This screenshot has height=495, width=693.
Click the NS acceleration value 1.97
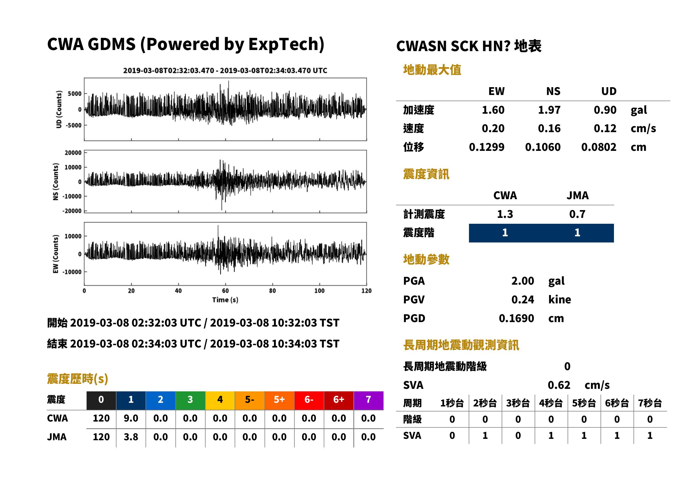point(549,110)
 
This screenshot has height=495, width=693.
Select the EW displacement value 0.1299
point(486,147)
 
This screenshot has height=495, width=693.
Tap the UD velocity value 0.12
point(605,128)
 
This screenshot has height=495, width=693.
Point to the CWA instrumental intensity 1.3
point(505,214)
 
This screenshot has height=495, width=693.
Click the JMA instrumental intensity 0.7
point(577,214)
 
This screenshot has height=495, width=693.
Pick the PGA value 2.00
point(523,281)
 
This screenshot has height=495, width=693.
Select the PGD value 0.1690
point(516,318)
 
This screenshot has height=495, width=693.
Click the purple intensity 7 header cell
point(368,400)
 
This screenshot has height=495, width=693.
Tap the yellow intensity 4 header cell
point(220,400)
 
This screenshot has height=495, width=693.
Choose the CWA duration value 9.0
point(131,418)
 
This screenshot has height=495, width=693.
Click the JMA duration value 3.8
point(131,437)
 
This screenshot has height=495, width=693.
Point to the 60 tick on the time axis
point(225,291)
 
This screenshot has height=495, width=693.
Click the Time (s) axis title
point(225,300)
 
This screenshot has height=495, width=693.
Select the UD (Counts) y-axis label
point(59,109)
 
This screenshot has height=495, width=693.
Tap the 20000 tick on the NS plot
point(73,153)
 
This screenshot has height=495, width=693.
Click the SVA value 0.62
point(559,385)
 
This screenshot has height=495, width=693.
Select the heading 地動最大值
point(432,70)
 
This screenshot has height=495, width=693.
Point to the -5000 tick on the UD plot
point(73,125)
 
